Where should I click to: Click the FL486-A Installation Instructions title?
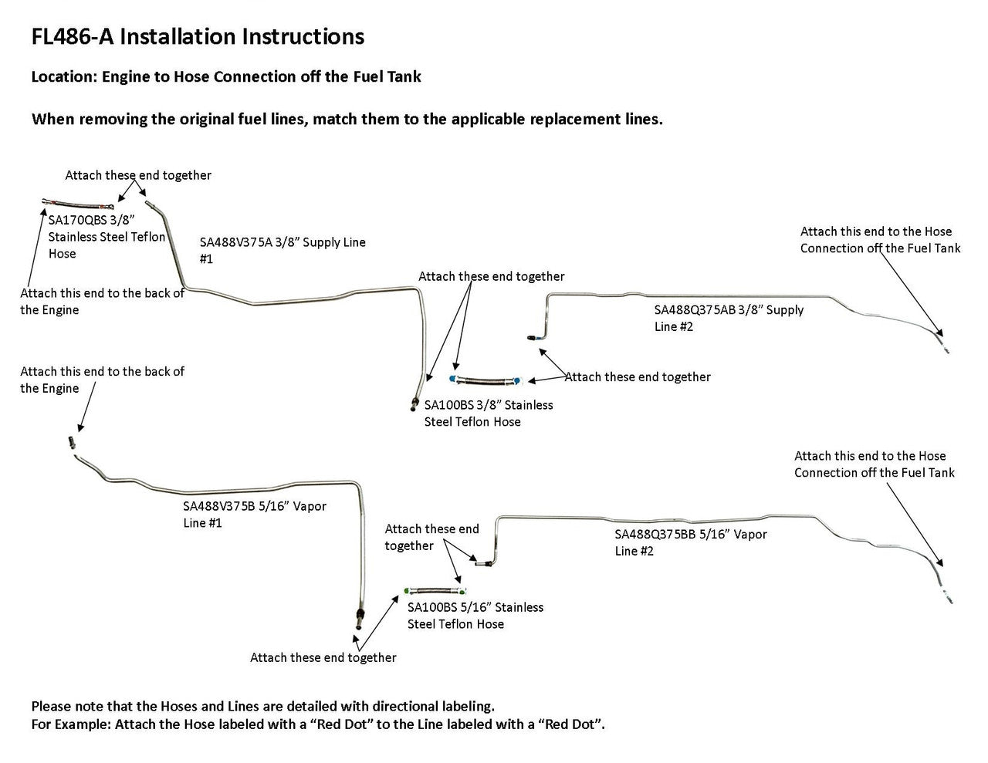[x=198, y=36]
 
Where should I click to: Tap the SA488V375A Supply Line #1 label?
[x=283, y=250]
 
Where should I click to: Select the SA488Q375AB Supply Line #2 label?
[x=729, y=318]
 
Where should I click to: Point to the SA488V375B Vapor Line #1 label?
[x=254, y=515]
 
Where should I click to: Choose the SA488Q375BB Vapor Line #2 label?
[x=690, y=542]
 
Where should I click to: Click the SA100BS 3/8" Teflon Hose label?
[x=488, y=413]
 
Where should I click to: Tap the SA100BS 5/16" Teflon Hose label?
[x=475, y=616]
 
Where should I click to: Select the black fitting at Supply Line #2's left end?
[x=532, y=337]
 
